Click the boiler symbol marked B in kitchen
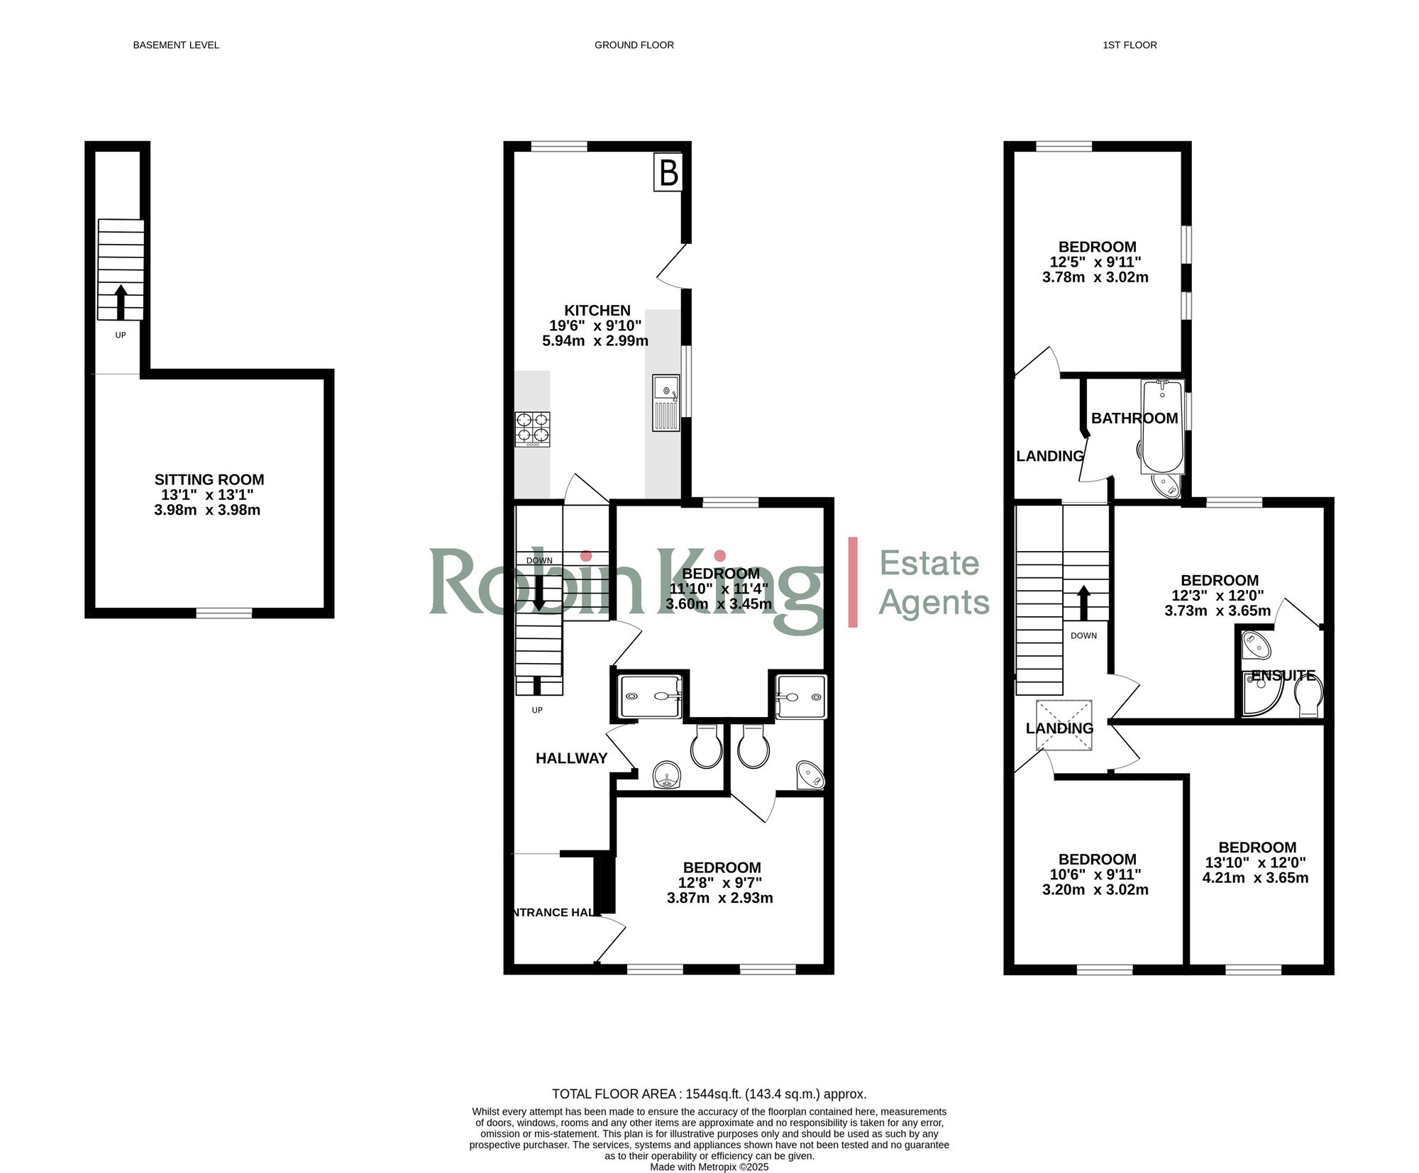point(668,172)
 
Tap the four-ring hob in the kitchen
point(532,429)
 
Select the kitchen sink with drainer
point(666,403)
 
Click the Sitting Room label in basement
point(209,479)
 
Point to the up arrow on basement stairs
point(121,302)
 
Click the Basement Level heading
point(176,45)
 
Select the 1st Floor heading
point(1130,45)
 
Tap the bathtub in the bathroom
point(1162,426)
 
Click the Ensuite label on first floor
point(1283,675)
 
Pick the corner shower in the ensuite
point(1261,696)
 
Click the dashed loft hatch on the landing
point(1064,725)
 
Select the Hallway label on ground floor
point(571,758)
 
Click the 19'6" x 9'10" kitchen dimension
point(595,326)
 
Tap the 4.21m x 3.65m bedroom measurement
point(1255,877)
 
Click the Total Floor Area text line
point(709,1094)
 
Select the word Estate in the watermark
point(929,563)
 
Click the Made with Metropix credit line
point(709,1167)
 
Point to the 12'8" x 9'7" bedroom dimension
point(719,883)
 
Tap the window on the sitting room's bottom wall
point(223,613)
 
